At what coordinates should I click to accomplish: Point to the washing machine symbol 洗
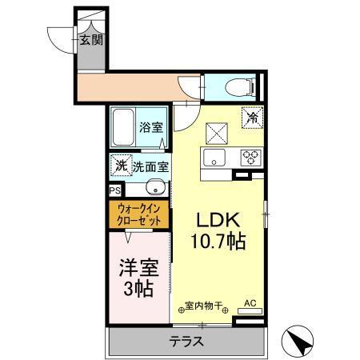pos(120,166)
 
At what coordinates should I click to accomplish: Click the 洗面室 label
pos(150,167)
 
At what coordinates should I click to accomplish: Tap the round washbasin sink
pos(158,189)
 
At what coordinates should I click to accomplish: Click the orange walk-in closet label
pos(137,214)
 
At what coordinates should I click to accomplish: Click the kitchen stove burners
pos(250,156)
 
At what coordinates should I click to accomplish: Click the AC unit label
pos(249,302)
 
